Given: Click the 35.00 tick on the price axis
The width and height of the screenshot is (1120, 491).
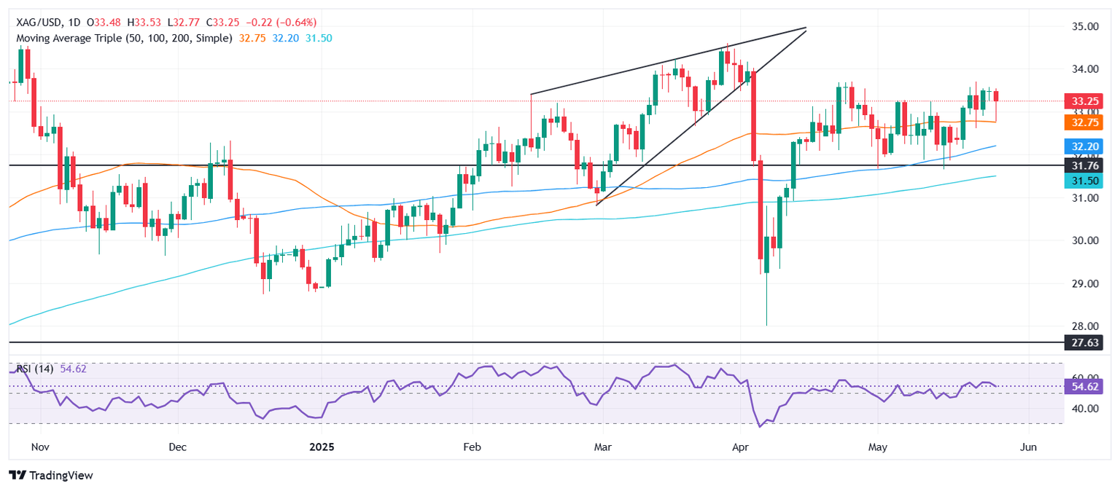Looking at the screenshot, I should [1082, 27].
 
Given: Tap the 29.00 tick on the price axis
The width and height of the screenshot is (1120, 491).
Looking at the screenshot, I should [1082, 283].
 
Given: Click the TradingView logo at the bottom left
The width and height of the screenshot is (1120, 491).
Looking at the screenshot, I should [51, 475].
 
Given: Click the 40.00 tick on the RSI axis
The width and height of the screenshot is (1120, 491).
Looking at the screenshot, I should [1082, 409].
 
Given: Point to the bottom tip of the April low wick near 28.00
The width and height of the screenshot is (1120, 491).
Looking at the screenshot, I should [767, 325].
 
